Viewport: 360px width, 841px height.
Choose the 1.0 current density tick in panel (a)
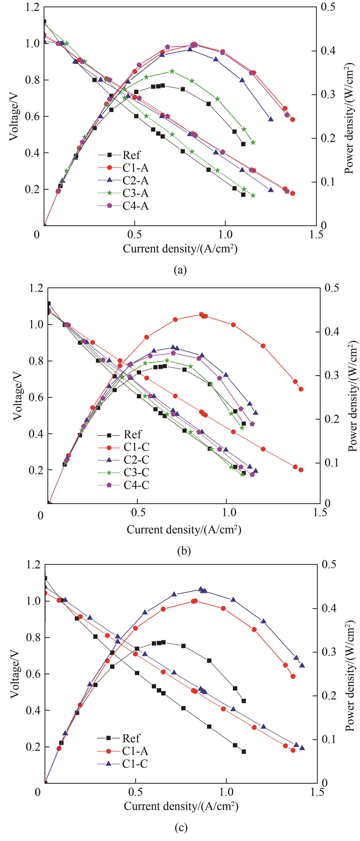click(225, 235)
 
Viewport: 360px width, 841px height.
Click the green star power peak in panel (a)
click(172, 71)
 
